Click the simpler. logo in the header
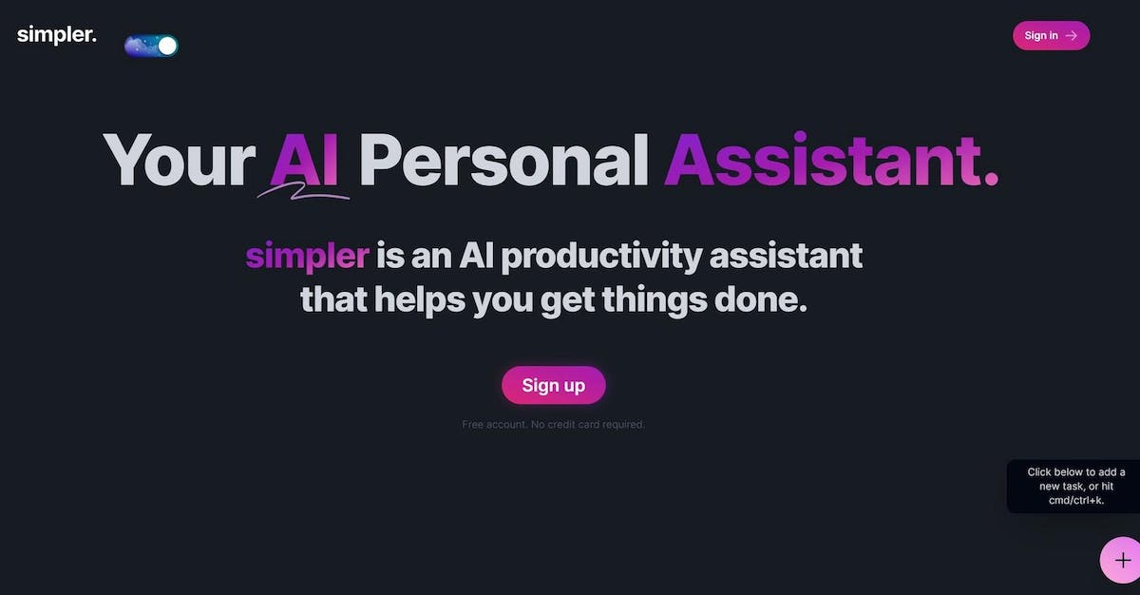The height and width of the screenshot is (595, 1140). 56,34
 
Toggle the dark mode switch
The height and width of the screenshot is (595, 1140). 151,46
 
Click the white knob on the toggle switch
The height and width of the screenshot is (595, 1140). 167,46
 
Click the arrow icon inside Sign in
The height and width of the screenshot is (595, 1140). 1072,35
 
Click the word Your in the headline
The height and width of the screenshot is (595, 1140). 179,160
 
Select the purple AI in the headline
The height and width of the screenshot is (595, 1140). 304,160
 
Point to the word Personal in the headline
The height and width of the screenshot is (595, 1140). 503,160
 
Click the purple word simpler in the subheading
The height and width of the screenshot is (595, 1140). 308,257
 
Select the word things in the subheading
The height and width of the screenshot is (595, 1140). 655,300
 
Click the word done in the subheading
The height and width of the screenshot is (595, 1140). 760,299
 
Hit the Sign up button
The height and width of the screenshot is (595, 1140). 554,385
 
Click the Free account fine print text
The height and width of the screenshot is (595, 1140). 553,425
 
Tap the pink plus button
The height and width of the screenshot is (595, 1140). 1121,561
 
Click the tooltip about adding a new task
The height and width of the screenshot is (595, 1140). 1073,486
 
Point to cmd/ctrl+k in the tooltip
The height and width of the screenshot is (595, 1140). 1076,500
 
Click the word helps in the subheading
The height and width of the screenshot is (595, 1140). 420,300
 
